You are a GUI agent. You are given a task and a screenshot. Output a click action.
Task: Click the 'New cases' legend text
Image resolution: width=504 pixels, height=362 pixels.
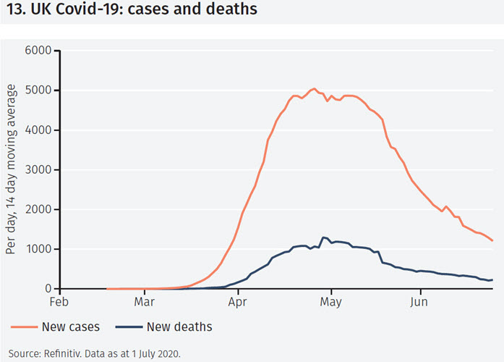tap(71, 327)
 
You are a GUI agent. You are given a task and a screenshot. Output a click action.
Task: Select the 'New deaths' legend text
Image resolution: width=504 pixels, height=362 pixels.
tap(179, 327)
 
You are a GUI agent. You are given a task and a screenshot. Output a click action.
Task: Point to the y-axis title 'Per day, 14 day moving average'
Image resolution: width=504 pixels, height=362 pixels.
tap(12, 169)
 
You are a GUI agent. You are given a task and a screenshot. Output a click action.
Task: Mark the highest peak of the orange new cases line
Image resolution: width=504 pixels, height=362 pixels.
tap(314, 88)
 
